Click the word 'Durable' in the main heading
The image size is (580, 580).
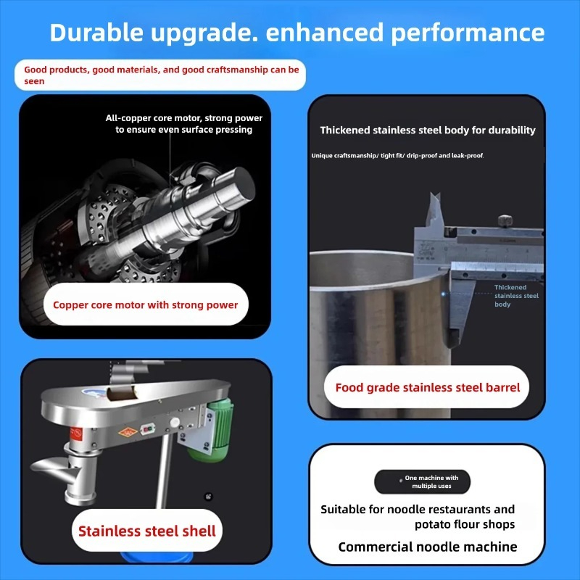pos(96,32)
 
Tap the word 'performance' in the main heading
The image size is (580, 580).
pos(468,33)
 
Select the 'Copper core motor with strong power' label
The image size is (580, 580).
pos(146,304)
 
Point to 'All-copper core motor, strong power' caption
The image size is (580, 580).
pos(184,118)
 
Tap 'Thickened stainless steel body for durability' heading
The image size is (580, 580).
pos(428,130)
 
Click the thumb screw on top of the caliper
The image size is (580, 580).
pos(505,220)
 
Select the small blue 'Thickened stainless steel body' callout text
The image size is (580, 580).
pos(516,296)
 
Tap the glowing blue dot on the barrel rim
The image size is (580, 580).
pos(443,294)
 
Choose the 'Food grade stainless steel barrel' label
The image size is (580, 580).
pos(427,387)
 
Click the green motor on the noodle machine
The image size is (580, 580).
pos(214,429)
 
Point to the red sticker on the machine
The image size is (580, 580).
pos(76,434)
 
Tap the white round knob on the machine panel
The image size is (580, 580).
pos(174,423)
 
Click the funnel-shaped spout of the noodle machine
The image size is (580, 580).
pos(59,470)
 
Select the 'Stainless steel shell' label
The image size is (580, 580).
pos(147,531)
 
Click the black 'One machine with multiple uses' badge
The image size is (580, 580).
pos(423,481)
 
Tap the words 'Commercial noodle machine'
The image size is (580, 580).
pos(428,547)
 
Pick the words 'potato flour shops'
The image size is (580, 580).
pos(465,524)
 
